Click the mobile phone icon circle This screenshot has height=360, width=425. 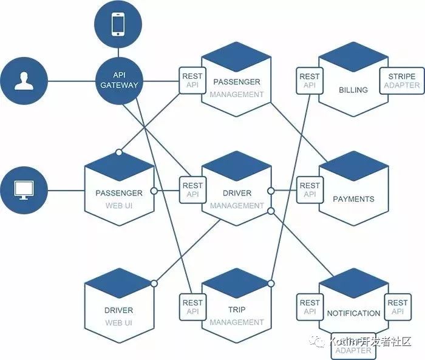(118, 25)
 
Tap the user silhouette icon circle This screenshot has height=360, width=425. (24, 81)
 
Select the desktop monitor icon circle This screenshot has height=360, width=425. (24, 189)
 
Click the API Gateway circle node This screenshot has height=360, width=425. (120, 81)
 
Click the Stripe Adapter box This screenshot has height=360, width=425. (401, 81)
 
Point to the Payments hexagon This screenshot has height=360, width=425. (353, 194)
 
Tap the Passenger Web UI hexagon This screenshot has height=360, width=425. (119, 194)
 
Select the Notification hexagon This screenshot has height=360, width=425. (353, 310)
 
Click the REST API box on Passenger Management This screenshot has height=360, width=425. (192, 81)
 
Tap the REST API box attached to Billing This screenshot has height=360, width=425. (309, 81)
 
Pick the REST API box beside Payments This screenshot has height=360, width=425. (309, 190)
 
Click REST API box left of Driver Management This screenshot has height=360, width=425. (192, 190)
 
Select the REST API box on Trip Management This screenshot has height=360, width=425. (192, 307)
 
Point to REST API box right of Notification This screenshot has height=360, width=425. (397, 307)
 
